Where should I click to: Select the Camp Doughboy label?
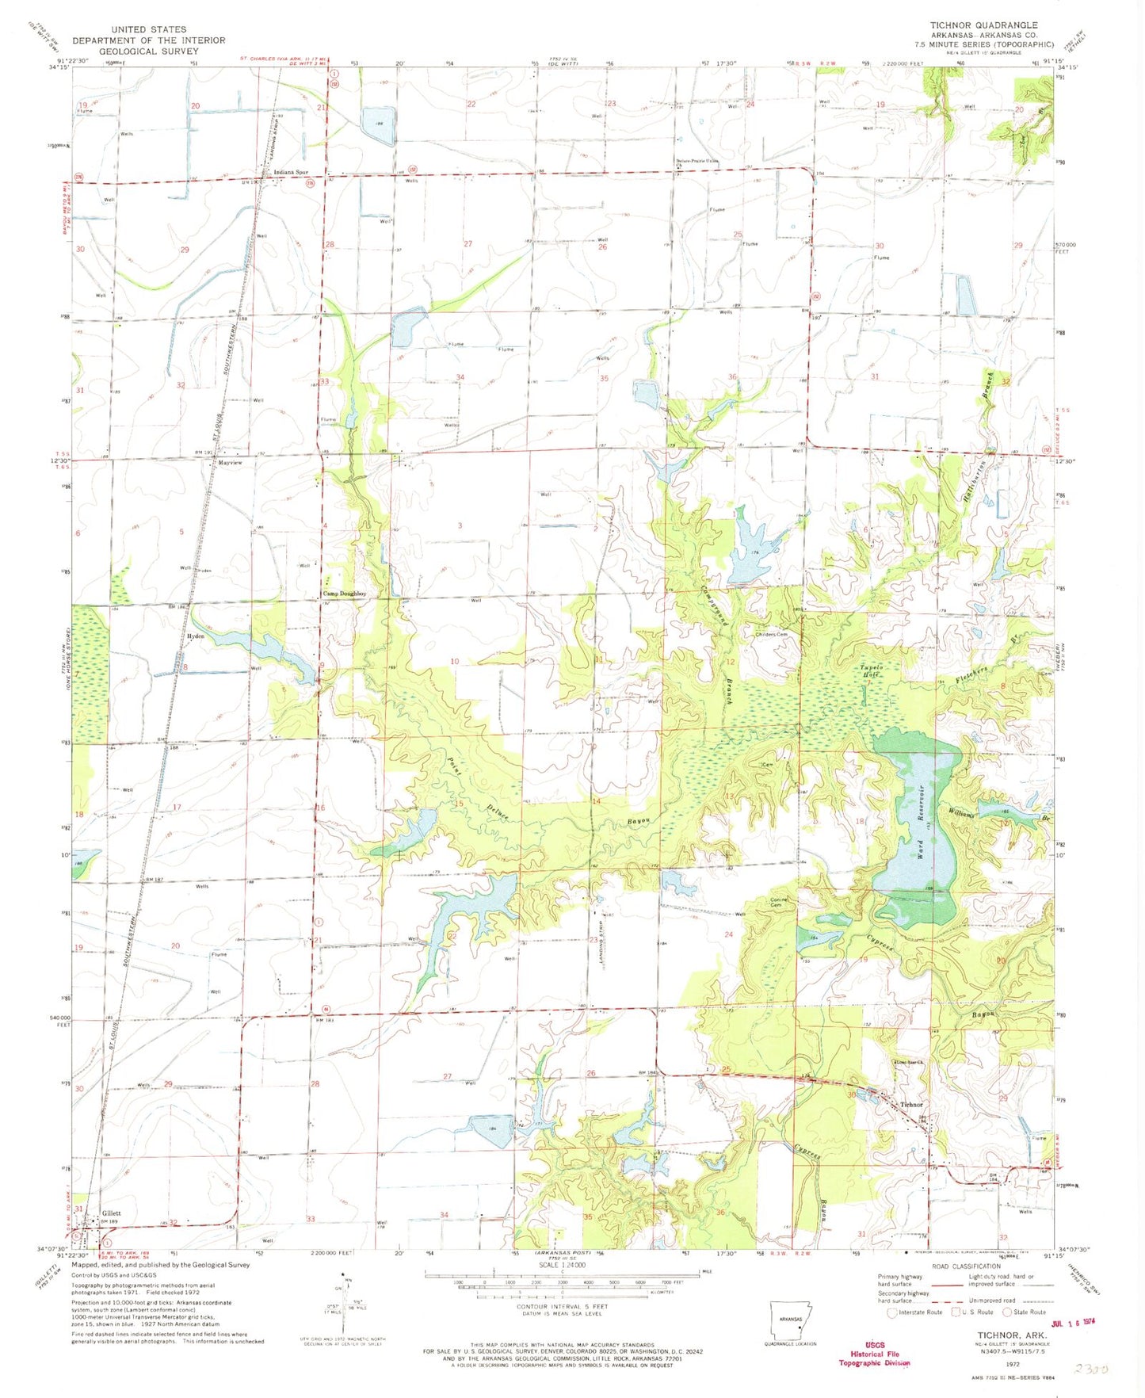pos(344,594)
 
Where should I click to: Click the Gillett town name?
pos(111,1213)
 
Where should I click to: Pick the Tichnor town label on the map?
pos(911,1104)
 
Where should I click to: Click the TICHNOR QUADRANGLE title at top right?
pos(983,25)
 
